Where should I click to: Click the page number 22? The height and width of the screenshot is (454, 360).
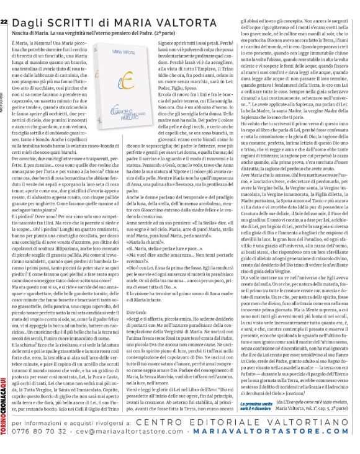5,6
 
